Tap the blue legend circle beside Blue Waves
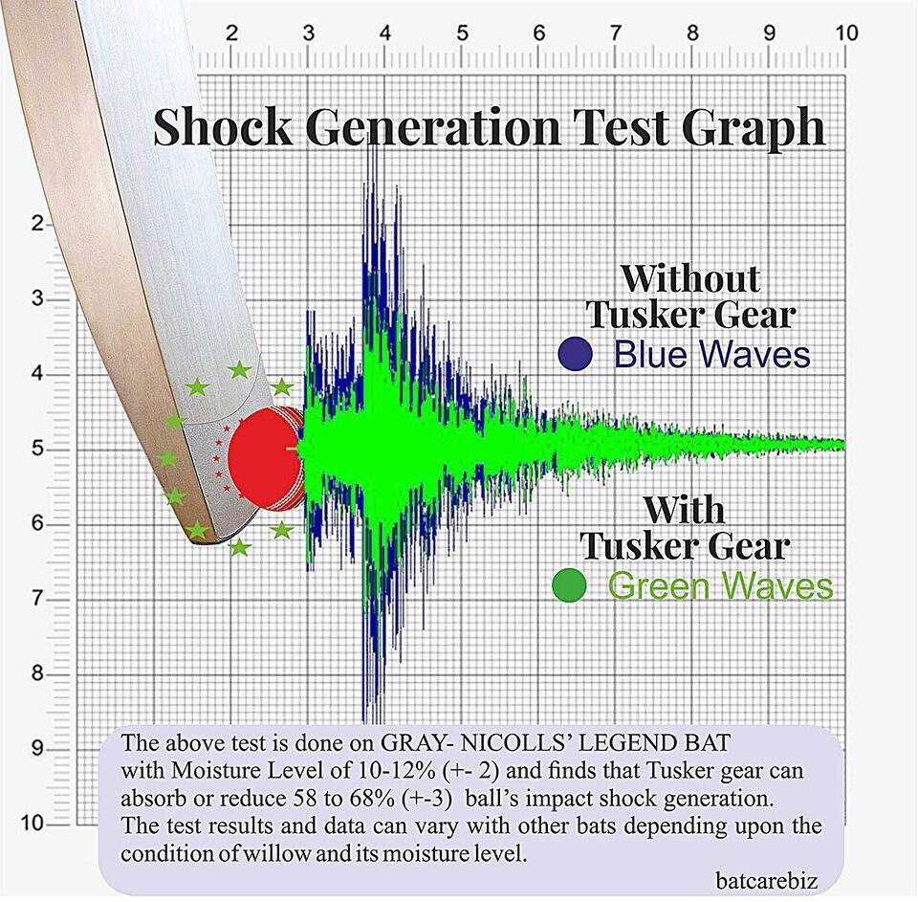click(575, 354)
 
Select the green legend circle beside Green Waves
click(570, 585)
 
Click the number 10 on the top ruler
click(845, 33)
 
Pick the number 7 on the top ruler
click(615, 33)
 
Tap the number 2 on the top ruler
click(231, 33)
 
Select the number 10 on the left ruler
click(33, 823)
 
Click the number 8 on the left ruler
click(37, 673)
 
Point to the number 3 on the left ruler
click(37, 298)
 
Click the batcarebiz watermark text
click(766, 880)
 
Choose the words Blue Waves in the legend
click(711, 354)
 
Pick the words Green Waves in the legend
click(721, 585)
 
